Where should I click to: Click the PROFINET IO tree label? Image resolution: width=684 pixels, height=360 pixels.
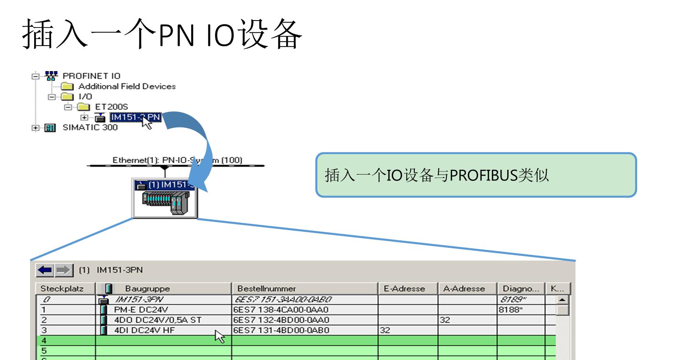tap(91, 76)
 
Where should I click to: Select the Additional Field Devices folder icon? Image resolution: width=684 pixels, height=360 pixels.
tap(67, 86)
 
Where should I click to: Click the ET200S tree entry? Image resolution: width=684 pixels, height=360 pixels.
tap(111, 107)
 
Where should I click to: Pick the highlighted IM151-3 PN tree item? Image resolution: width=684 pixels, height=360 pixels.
tap(135, 117)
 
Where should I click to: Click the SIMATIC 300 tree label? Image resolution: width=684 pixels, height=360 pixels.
tap(90, 127)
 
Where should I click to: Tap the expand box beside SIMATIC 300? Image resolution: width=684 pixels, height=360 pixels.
tap(36, 128)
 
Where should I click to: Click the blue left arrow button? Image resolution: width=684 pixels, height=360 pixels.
tap(45, 270)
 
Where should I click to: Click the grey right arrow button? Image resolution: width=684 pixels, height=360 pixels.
tap(64, 270)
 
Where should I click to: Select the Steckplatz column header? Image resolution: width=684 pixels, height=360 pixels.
tap(62, 288)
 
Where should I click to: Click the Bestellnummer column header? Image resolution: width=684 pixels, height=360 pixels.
tap(266, 288)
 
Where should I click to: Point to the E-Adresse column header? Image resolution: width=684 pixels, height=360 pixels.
tap(404, 288)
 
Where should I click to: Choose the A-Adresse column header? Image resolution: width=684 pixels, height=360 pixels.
tap(464, 288)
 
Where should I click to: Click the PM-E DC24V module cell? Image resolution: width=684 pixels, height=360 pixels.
tap(141, 310)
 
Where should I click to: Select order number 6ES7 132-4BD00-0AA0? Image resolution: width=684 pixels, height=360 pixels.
tap(281, 320)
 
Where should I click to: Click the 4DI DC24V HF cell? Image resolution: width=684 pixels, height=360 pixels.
tap(144, 330)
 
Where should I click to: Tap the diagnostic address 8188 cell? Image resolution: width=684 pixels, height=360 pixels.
tap(511, 310)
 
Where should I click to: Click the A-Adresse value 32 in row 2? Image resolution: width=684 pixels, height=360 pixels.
tap(445, 320)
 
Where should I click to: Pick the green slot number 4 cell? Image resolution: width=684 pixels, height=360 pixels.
tap(44, 341)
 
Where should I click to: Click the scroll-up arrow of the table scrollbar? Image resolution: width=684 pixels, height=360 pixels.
tap(562, 300)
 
